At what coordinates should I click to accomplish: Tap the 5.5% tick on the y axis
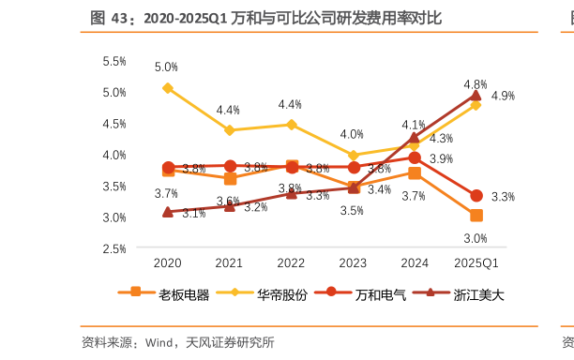[113, 61]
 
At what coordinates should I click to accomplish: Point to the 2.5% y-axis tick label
[113, 248]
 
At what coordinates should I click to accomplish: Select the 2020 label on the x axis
[167, 263]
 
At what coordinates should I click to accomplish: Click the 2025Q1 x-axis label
[476, 263]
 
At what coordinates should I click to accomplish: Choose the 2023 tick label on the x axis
[353, 263]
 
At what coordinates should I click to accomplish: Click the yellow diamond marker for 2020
[168, 88]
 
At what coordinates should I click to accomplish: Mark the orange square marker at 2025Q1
[476, 216]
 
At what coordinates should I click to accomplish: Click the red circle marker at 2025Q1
[476, 196]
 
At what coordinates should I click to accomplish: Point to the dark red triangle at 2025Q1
[476, 95]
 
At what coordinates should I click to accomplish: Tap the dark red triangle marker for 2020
[168, 212]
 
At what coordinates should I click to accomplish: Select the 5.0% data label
[166, 67]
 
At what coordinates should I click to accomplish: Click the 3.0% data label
[475, 238]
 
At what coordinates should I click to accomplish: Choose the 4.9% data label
[503, 96]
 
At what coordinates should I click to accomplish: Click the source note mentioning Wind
[178, 342]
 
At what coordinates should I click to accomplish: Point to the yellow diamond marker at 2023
[353, 156]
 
